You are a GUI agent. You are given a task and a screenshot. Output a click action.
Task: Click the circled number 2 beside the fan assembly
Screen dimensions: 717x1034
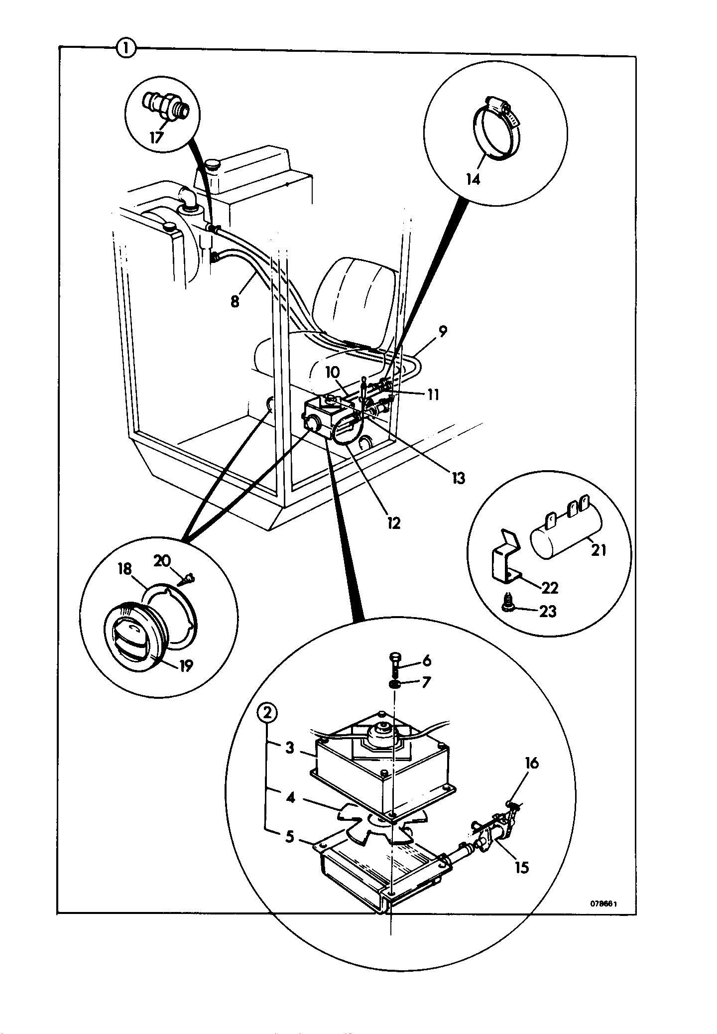click(x=268, y=714)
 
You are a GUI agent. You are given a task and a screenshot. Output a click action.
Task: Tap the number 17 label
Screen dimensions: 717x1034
click(x=156, y=137)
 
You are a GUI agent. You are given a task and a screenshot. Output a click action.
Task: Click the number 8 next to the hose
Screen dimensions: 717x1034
click(x=235, y=302)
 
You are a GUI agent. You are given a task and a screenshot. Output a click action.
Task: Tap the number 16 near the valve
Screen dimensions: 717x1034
click(x=532, y=763)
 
